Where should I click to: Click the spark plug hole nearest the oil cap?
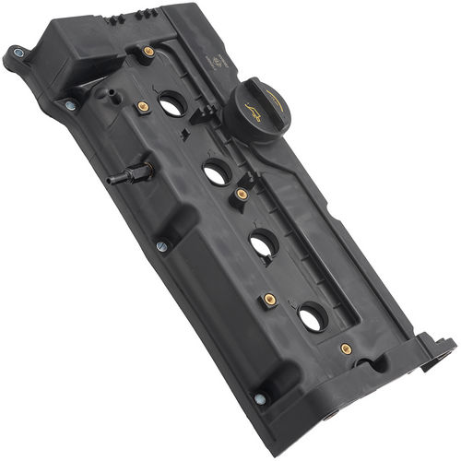[x=171, y=105]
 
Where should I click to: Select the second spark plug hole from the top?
[x=216, y=171]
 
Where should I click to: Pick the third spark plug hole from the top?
[x=263, y=244]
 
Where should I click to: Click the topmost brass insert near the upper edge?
[x=148, y=52]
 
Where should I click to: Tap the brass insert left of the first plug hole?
[x=143, y=107]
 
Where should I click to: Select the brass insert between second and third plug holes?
[x=242, y=195]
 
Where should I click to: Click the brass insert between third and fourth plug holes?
[x=269, y=300]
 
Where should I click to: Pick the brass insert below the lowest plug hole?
[x=346, y=349]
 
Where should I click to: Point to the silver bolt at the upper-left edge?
[x=70, y=105]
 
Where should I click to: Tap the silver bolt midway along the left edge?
[x=162, y=246]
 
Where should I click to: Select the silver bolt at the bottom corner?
[x=260, y=398]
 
